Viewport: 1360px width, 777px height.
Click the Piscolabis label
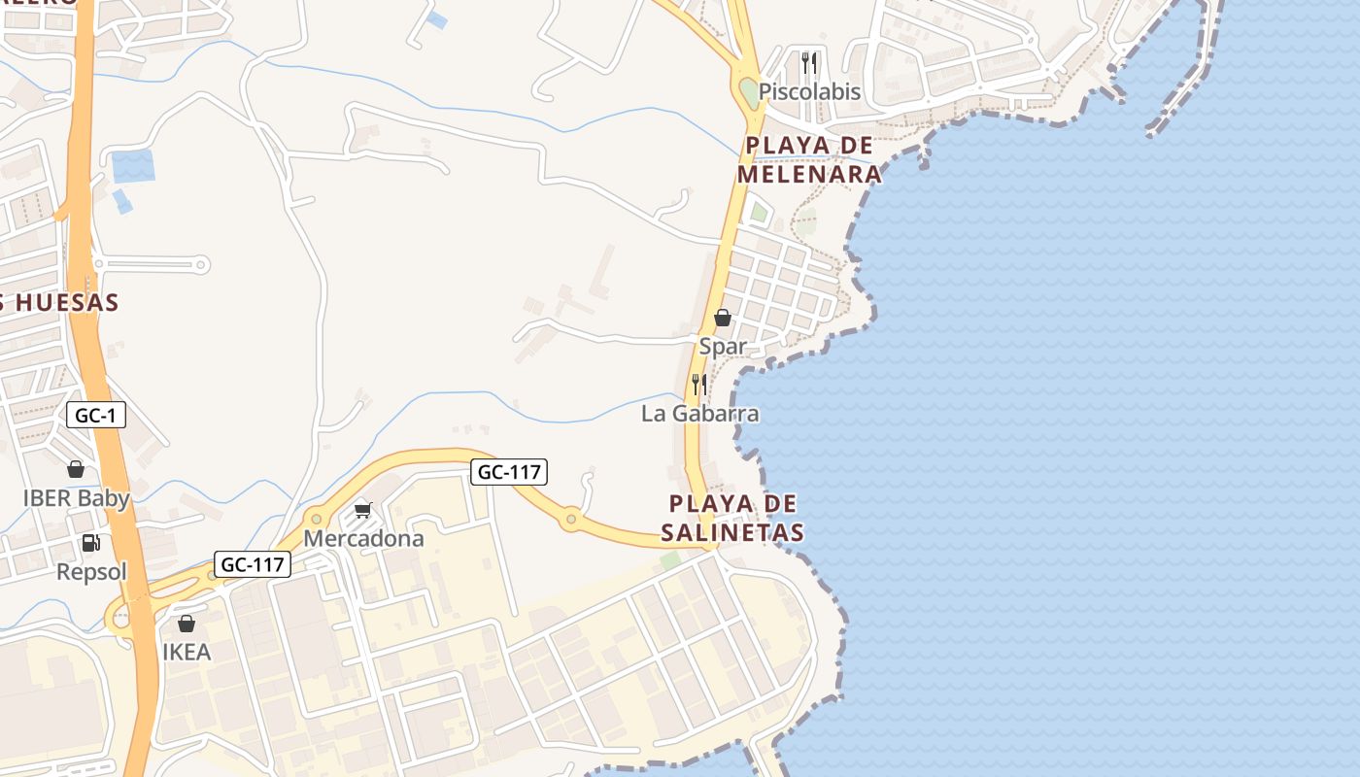809,92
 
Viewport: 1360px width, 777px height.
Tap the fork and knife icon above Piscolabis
809,63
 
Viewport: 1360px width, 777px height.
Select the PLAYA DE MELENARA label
809,160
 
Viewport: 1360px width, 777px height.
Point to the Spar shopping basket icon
723,318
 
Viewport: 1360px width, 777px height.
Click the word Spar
724,347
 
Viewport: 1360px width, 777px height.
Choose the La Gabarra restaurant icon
698,385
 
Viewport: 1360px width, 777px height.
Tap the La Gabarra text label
699,414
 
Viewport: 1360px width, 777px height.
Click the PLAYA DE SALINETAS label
733,518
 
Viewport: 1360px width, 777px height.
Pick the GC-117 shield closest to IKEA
253,564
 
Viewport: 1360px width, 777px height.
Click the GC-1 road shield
96,416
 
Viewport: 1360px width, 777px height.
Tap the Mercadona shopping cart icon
363,510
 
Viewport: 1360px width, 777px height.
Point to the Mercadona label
363,538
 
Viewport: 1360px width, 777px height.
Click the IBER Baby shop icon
76,470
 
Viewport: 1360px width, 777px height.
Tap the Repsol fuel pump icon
90,543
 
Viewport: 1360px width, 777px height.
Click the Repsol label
91,572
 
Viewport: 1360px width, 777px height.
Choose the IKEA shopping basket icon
187,624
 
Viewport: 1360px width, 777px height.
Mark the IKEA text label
187,652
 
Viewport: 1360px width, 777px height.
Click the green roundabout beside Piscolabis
750,93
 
